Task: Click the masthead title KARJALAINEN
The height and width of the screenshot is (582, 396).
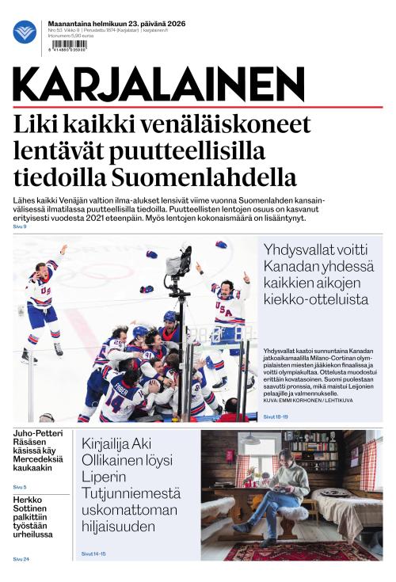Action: [x=159, y=84]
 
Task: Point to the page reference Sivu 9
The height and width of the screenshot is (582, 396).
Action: [x=20, y=226]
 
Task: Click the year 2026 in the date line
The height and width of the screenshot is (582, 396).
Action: [x=173, y=24]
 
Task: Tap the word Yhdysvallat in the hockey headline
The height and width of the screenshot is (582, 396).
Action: [x=302, y=248]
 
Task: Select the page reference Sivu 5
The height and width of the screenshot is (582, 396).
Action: [x=20, y=486]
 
